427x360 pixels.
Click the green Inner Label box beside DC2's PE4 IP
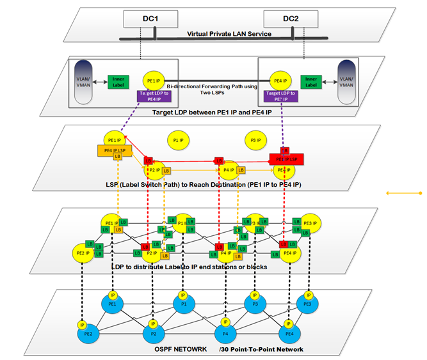point(311,82)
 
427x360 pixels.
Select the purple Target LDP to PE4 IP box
point(152,96)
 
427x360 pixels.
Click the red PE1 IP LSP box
point(287,158)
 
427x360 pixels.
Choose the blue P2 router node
point(153,333)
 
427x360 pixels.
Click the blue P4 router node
point(225,333)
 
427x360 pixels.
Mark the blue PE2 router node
point(87,334)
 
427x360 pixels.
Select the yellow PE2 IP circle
point(83,252)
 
